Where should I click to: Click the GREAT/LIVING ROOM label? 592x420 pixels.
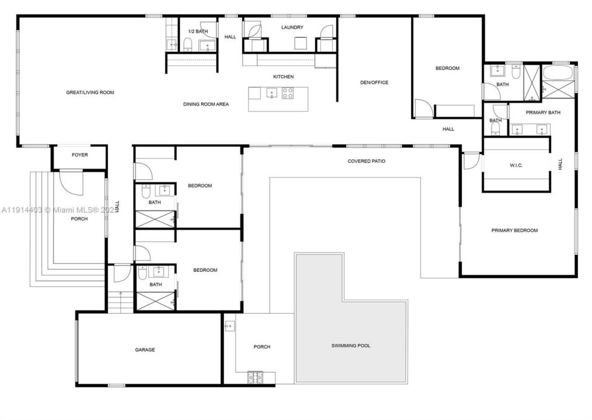(90, 92)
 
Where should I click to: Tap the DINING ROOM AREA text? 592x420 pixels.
(206, 104)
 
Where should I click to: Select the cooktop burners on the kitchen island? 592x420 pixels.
(288, 93)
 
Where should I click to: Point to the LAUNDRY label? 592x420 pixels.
(292, 27)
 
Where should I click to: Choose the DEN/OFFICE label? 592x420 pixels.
(374, 82)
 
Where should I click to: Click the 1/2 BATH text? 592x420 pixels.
(198, 31)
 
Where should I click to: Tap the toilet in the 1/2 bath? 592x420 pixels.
(188, 44)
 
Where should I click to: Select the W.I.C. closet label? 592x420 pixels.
(516, 166)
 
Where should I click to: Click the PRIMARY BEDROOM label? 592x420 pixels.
(514, 230)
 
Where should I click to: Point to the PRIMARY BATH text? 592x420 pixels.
(543, 113)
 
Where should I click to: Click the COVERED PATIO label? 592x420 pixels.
(366, 161)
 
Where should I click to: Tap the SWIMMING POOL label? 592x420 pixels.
(351, 346)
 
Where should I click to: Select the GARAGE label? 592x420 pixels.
(145, 350)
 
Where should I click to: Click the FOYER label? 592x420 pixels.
(80, 155)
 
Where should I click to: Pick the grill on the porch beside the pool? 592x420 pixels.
(255, 376)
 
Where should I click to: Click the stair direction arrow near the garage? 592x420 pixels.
(120, 295)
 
